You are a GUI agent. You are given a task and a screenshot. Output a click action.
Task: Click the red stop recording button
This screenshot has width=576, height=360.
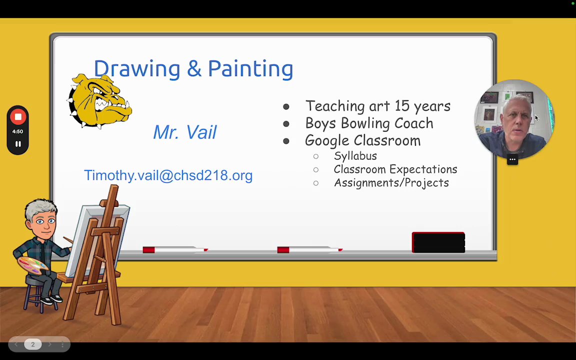click(17, 117)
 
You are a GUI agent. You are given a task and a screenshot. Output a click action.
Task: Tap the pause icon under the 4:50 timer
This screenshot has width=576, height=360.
click(17, 144)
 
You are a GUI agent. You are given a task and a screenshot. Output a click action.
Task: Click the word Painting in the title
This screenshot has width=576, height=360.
click(250, 68)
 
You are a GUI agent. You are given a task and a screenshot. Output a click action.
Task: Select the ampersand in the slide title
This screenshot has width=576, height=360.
click(194, 68)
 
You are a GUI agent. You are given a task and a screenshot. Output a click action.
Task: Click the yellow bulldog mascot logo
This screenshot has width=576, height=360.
click(99, 100)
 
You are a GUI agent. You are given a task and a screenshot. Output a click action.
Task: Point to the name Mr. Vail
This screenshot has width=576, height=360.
click(185, 132)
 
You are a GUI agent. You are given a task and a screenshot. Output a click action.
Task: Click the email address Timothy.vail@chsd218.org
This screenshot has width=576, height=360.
click(168, 175)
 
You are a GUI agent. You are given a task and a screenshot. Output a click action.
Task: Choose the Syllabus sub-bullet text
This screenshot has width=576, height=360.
click(355, 156)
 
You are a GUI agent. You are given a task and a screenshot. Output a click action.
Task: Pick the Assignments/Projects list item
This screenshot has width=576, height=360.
click(391, 182)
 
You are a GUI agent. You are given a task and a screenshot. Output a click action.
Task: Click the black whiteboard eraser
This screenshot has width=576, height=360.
click(438, 242)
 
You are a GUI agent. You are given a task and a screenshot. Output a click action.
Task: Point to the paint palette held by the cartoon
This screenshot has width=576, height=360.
click(32, 265)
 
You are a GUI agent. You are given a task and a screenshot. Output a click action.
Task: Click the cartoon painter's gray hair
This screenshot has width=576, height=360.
click(40, 208)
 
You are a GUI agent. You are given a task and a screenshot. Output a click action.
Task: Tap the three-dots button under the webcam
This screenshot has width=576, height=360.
click(512, 159)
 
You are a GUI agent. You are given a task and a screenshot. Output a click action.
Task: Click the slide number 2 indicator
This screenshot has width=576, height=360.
click(32, 344)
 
